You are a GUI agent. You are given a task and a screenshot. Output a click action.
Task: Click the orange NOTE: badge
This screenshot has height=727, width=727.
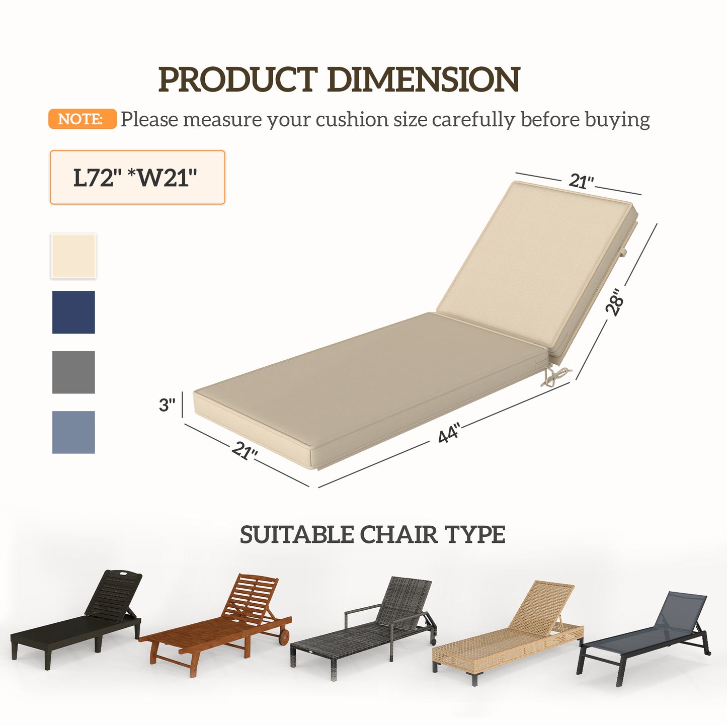(82, 119)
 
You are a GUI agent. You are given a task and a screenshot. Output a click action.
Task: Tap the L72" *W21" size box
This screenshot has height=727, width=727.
(137, 178)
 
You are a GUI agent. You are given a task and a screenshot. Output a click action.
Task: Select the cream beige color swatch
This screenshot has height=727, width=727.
(73, 256)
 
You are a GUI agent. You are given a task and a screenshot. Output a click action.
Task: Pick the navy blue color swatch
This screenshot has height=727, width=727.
(73, 312)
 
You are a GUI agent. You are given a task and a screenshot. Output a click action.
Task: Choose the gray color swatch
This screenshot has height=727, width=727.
(73, 372)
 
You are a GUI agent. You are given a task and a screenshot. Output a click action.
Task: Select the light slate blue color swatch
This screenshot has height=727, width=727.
(73, 432)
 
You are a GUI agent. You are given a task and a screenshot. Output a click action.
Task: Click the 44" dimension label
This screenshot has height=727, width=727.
(449, 433)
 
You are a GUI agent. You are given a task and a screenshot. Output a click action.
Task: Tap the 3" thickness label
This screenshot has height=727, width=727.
(167, 405)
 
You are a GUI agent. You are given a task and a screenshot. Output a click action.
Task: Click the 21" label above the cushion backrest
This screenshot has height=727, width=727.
(581, 181)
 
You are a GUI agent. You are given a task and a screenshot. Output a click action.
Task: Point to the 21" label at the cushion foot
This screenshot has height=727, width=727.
(245, 450)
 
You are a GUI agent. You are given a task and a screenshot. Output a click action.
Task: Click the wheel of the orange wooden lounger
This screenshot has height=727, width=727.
(284, 638)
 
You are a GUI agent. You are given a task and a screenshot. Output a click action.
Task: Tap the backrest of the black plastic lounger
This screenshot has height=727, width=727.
(114, 594)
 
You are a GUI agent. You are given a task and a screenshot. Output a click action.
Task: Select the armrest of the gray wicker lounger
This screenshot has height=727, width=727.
(362, 610)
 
